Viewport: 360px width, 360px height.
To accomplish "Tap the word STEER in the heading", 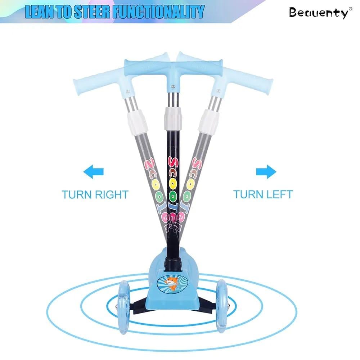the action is [93, 12].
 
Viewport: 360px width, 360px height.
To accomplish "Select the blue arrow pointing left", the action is [94, 171].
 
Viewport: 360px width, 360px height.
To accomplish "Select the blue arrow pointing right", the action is [266, 171].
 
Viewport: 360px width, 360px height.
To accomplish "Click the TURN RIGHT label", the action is [95, 195].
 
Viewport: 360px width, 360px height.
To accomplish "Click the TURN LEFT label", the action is [263, 194].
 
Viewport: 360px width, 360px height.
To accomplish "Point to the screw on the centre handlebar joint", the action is [173, 86].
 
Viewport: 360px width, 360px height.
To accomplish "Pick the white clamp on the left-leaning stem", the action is [137, 122].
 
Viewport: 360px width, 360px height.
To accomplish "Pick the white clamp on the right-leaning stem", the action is [209, 121].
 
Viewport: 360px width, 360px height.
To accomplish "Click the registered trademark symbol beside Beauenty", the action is [350, 9].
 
